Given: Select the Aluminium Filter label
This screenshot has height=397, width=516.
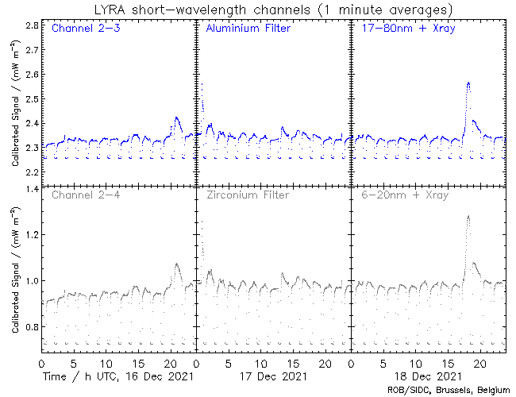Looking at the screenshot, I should (x=248, y=29).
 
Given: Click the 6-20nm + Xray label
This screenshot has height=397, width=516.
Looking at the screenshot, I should (x=399, y=195).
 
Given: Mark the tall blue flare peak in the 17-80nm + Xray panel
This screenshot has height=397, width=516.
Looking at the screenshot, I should (x=468, y=83).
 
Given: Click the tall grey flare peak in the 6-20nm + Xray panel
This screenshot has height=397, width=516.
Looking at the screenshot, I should (x=468, y=216).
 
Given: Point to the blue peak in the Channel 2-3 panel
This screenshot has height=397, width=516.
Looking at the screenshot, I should (x=176, y=118).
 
